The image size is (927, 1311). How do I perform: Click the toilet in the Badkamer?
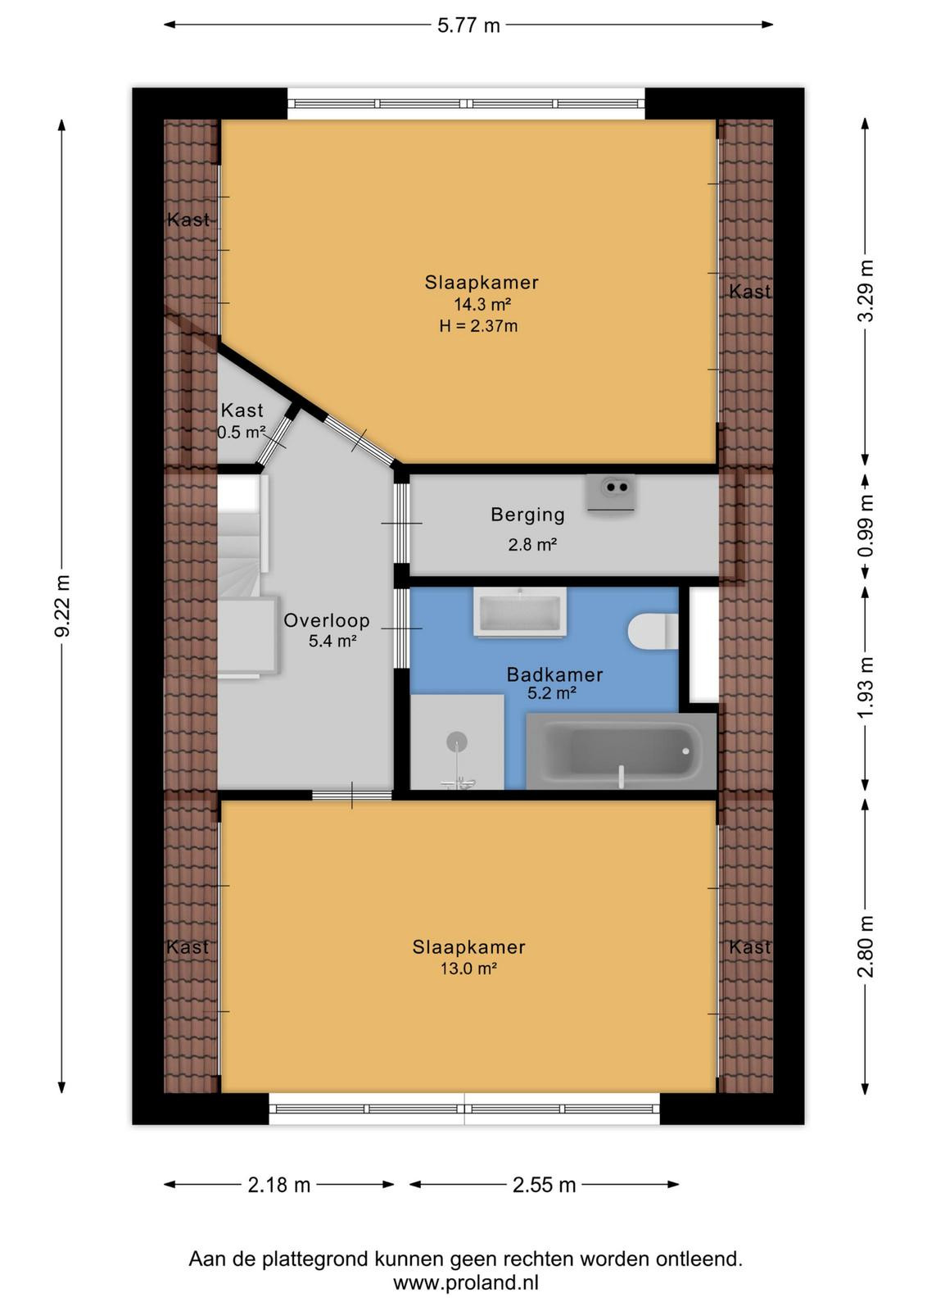pos(653,632)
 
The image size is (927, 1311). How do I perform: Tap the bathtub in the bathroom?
pos(622,751)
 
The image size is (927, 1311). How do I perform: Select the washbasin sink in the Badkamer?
pos(520,612)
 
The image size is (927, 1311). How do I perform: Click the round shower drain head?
pos(457,742)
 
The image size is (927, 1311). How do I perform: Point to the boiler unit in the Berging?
pos(611,494)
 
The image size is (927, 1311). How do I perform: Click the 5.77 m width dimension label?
pos(468,25)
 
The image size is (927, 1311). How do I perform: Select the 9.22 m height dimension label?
pos(62,606)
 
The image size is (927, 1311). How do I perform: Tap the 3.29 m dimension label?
pos(866,291)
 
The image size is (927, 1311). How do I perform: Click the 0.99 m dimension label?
pos(866,526)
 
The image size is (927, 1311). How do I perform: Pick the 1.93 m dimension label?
pos(866,688)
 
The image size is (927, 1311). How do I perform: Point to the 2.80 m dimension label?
pos(866,946)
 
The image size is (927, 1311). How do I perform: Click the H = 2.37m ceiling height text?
pos(478,326)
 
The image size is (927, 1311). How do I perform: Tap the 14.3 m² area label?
pos(482,304)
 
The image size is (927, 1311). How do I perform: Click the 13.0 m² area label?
pos(468,969)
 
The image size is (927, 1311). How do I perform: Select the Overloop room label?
pos(327,620)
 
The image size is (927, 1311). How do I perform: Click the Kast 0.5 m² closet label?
pos(242,421)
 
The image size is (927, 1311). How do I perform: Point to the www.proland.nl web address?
pos(465,1283)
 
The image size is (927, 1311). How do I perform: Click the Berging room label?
pos(527,515)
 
